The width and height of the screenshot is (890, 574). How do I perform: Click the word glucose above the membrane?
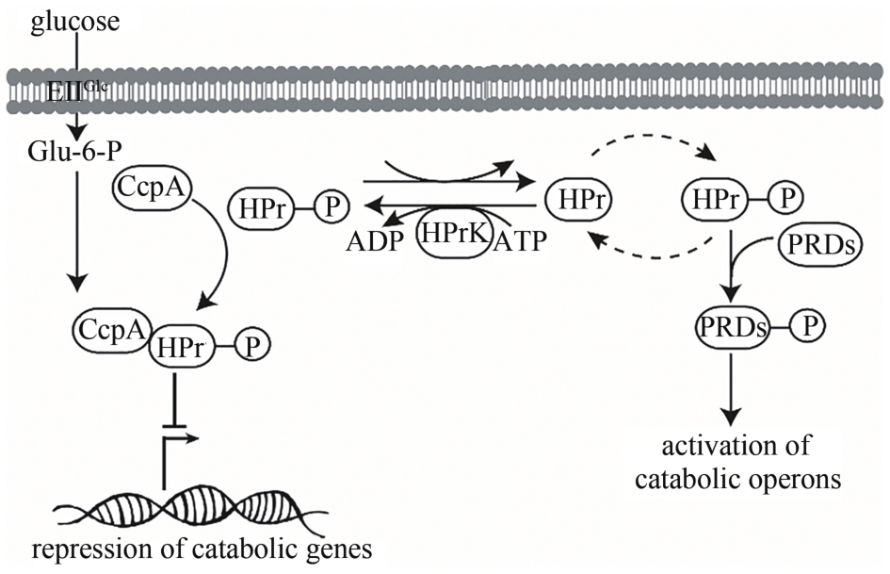pyautogui.click(x=75, y=20)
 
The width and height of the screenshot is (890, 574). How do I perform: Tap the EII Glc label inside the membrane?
pyautogui.click(x=74, y=92)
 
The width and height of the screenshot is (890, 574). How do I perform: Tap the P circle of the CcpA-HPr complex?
pyautogui.click(x=251, y=346)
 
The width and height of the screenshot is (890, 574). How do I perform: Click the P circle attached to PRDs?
pyautogui.click(x=807, y=327)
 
